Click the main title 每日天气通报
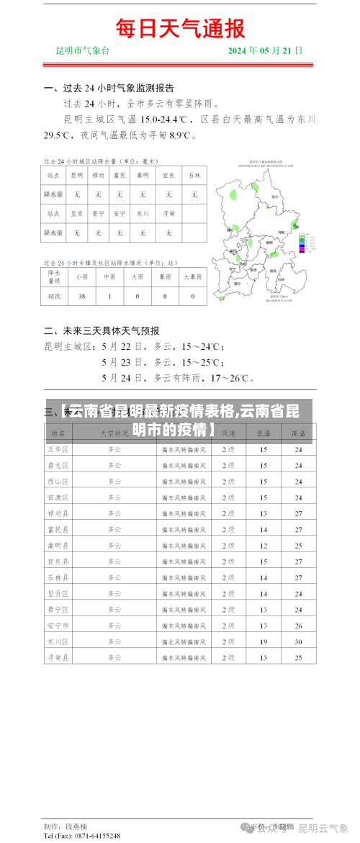point(180,28)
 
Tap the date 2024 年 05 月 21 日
point(265,51)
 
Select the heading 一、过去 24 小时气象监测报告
point(109,89)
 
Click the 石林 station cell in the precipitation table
point(194,175)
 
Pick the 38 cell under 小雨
point(81,296)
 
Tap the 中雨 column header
point(109,276)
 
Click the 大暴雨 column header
point(194,276)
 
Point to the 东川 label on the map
point(275,195)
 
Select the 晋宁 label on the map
point(238,284)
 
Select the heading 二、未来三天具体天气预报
point(102,331)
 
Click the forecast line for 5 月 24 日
point(178,377)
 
